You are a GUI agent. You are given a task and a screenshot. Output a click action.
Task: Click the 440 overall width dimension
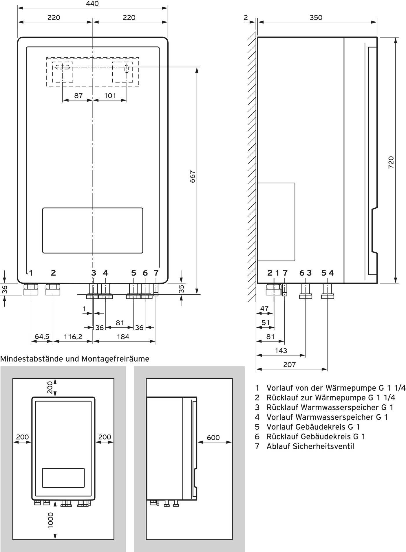pyautogui.click(x=92, y=4)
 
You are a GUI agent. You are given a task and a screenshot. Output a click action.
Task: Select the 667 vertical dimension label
pyautogui.click(x=192, y=177)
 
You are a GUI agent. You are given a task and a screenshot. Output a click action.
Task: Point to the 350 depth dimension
pyautogui.click(x=316, y=18)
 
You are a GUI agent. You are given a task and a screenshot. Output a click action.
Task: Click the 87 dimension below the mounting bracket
pyautogui.click(x=78, y=96)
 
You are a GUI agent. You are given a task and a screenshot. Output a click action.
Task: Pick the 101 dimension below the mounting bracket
pyautogui.click(x=110, y=96)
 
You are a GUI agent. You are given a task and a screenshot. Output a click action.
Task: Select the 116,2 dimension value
pyautogui.click(x=73, y=337)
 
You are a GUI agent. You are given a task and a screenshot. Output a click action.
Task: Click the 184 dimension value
pyautogui.click(x=123, y=337)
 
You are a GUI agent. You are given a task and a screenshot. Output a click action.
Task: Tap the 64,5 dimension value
pyautogui.click(x=42, y=337)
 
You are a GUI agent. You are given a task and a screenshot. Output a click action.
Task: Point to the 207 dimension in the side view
pyautogui.click(x=289, y=364)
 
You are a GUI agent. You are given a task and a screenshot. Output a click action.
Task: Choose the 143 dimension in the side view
pyautogui.click(x=281, y=351)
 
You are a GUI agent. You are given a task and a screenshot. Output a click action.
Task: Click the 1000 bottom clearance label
pyautogui.click(x=50, y=520)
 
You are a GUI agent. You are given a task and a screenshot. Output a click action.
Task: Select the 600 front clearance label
pyautogui.click(x=213, y=438)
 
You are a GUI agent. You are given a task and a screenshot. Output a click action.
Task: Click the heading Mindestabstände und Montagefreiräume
pyautogui.click(x=75, y=359)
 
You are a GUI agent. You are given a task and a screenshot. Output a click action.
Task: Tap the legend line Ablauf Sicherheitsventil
pyautogui.click(x=310, y=446)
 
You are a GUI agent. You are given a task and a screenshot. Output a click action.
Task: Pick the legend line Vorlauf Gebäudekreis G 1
pyautogui.click(x=313, y=427)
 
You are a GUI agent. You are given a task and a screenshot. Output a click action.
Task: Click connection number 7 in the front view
pyautogui.click(x=156, y=273)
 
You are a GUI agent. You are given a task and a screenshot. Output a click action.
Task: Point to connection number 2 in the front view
pyautogui.click(x=53, y=273)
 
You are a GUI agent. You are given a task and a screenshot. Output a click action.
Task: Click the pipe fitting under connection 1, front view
pyautogui.click(x=31, y=289)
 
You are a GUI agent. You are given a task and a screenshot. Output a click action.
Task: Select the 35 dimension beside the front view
pyautogui.click(x=182, y=289)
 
